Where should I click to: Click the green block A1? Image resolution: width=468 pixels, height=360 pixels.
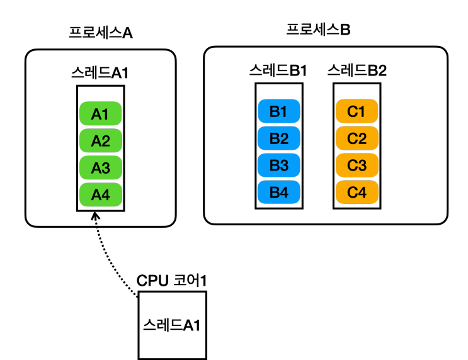coord(101,114)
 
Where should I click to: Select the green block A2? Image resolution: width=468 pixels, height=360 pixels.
coord(101,140)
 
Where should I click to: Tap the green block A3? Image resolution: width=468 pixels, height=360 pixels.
coord(101,167)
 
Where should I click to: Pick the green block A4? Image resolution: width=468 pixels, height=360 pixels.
coord(101,194)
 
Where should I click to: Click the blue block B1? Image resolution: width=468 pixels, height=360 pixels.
coord(279,111)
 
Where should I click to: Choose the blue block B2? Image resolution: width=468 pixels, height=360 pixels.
coord(279,138)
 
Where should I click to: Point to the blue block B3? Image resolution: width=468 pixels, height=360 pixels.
coord(279,166)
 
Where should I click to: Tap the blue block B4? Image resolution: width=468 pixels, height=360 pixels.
coord(279,192)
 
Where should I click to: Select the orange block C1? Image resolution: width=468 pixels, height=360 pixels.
coord(357,111)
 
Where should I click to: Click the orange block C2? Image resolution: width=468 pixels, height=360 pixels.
coord(357,138)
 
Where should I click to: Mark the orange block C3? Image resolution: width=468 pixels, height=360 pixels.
coord(357,166)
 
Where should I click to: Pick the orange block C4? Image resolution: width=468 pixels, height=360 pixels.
coord(357,192)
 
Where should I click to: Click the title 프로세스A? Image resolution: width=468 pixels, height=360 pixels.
coord(101,33)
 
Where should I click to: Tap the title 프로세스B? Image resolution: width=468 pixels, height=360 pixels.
coord(318,30)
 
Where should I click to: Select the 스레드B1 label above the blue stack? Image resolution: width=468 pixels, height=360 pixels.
coord(278,70)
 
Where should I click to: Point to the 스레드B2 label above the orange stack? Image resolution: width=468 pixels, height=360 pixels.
coord(357,70)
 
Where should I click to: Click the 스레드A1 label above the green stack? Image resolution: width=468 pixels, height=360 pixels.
coord(100,73)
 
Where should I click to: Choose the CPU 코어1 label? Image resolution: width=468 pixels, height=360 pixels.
coord(171,281)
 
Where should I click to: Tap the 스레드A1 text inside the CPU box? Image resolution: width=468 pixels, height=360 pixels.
coord(171,325)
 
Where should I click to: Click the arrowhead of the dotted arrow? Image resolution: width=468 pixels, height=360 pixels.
coord(95,215)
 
